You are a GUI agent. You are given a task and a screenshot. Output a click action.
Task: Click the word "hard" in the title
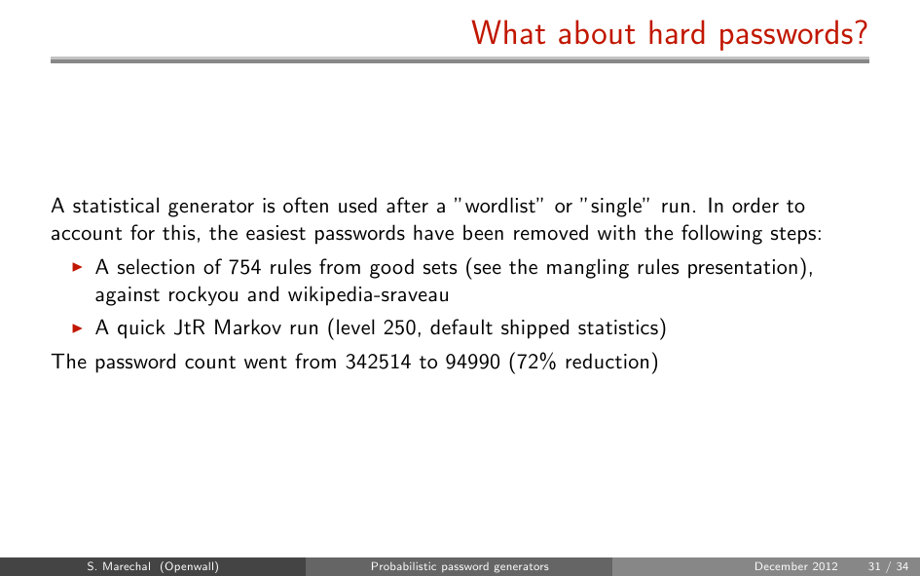[x=677, y=33]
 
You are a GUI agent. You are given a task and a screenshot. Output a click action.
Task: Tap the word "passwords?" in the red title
[x=792, y=34]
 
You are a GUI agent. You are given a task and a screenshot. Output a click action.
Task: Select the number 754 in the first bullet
[x=244, y=267]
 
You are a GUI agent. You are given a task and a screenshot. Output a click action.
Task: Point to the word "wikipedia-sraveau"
[x=368, y=294]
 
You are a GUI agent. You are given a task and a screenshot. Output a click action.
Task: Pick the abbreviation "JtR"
[x=189, y=327]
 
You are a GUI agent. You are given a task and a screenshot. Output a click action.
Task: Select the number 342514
[x=378, y=362]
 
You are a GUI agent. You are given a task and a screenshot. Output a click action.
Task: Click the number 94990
[x=472, y=362]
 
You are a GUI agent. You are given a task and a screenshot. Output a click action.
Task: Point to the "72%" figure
[x=535, y=362]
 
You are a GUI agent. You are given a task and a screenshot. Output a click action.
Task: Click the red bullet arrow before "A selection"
[x=77, y=267]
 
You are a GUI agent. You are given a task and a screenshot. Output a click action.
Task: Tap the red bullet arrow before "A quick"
[x=77, y=327]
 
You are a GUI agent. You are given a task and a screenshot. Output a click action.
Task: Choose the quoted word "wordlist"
[x=500, y=206]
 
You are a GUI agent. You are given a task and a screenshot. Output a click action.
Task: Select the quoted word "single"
[x=615, y=207]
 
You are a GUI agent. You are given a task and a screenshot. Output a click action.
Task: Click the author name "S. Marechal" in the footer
[x=119, y=566]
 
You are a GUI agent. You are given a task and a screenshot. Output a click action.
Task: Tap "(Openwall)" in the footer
[x=189, y=566]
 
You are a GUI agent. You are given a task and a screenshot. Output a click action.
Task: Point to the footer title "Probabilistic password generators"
[x=460, y=566]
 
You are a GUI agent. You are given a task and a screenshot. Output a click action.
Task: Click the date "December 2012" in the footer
[x=795, y=566]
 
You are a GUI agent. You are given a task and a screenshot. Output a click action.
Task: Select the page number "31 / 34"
[x=888, y=566]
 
